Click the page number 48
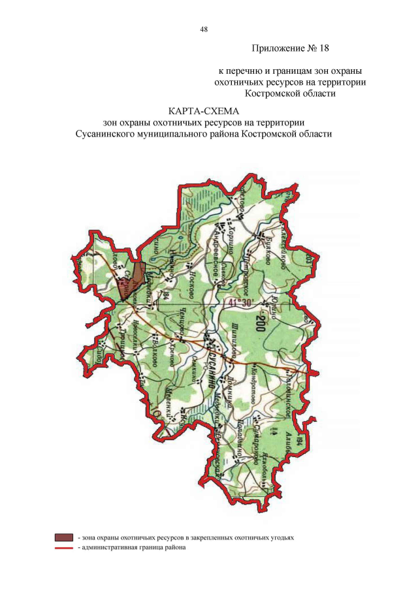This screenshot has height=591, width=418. click(x=204, y=29)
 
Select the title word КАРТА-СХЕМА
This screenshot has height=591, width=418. click(x=204, y=112)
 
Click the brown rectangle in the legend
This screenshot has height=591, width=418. click(x=63, y=537)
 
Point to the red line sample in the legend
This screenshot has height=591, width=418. click(x=63, y=548)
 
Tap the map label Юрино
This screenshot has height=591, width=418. click(x=277, y=306)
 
